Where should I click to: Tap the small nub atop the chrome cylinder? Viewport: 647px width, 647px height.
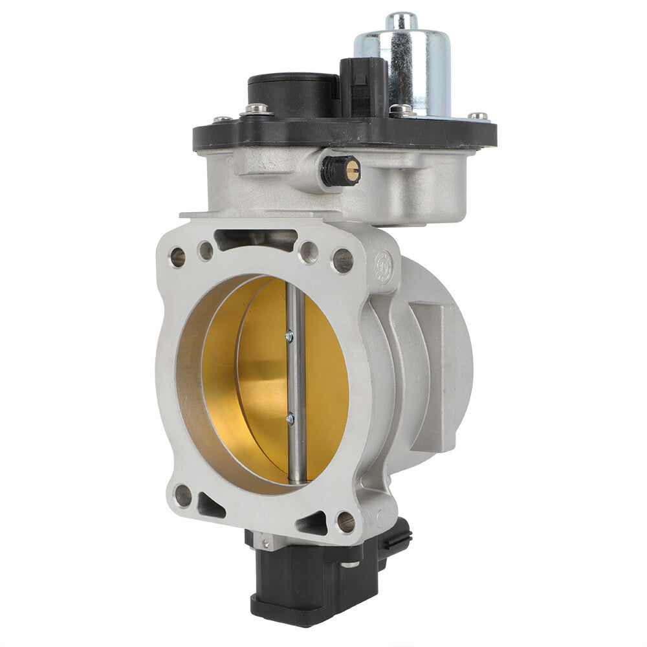coord(402,21)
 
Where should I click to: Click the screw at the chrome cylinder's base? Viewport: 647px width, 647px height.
coord(402,111)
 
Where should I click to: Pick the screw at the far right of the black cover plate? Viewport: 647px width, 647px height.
coord(479,116)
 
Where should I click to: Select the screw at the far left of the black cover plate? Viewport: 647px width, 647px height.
coord(222,120)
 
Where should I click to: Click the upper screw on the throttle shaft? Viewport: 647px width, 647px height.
coord(289,336)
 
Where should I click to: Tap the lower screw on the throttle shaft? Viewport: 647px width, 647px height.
coord(290,419)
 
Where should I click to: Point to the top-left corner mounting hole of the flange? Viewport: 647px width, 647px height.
coord(177,257)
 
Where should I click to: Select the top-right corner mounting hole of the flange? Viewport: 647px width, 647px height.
coord(342,260)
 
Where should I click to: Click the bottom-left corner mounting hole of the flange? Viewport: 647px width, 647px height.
coord(183,496)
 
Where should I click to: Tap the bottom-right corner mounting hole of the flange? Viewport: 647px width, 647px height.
coord(346,521)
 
